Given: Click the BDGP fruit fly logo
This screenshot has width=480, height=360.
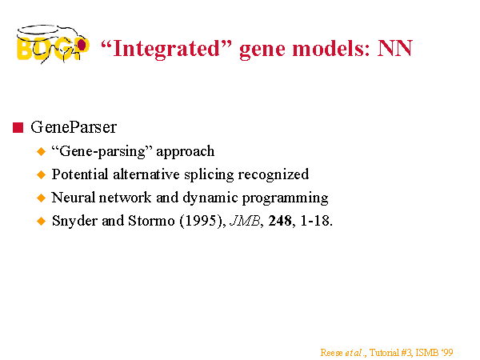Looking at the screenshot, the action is [x=53, y=44].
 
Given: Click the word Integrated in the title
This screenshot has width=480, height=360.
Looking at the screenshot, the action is [x=166, y=49].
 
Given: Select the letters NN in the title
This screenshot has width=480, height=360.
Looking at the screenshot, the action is [x=395, y=48].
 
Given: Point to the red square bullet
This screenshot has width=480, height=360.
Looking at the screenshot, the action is [x=18, y=127].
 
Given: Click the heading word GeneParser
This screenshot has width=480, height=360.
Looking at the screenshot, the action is [x=74, y=127].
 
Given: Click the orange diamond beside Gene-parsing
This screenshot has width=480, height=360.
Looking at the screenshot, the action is [x=41, y=151].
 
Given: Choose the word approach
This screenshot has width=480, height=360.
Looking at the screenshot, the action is [x=186, y=151].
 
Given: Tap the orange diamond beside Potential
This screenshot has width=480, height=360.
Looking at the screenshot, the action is [x=41, y=174].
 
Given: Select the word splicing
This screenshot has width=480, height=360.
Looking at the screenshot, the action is [x=209, y=174].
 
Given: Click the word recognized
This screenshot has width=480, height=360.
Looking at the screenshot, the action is [x=274, y=174].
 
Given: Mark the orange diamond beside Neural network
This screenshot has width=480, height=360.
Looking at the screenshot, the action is [x=41, y=198].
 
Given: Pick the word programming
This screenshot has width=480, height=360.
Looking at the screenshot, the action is [x=286, y=198].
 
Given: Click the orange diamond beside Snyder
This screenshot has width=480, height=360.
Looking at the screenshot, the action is [x=41, y=221].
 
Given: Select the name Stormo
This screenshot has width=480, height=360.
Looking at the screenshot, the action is [x=151, y=221].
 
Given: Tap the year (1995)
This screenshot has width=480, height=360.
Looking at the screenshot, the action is [x=202, y=221].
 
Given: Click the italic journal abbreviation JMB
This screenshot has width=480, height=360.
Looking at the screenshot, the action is [x=245, y=221].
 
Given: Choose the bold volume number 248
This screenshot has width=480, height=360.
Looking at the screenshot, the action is [x=280, y=221].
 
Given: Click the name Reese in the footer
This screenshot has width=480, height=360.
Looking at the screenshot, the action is [x=331, y=353].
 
